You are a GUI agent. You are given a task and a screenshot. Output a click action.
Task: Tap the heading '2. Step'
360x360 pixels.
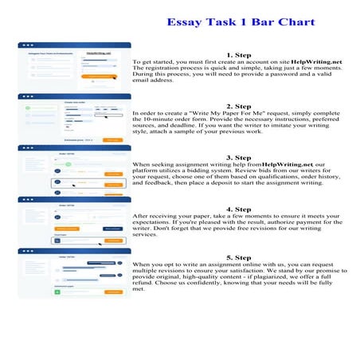(238, 105)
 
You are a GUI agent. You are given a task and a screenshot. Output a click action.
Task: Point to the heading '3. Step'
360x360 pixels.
(238, 157)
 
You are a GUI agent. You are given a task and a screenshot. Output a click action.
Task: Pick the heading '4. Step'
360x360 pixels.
(238, 209)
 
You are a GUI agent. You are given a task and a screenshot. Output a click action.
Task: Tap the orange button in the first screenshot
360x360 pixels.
(102, 78)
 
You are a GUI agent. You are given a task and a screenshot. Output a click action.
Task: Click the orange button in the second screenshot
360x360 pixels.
(114, 139)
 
